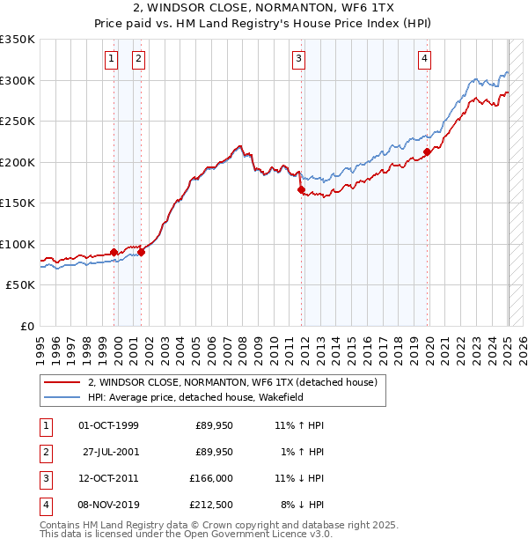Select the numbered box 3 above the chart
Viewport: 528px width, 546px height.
coord(299,59)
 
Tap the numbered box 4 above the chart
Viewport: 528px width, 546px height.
coord(424,59)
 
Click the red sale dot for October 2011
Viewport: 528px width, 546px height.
coord(301,189)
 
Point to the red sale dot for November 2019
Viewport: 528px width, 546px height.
coord(427,151)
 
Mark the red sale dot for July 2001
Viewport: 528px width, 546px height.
coord(141,252)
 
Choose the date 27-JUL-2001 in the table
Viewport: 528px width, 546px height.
coord(110,452)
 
